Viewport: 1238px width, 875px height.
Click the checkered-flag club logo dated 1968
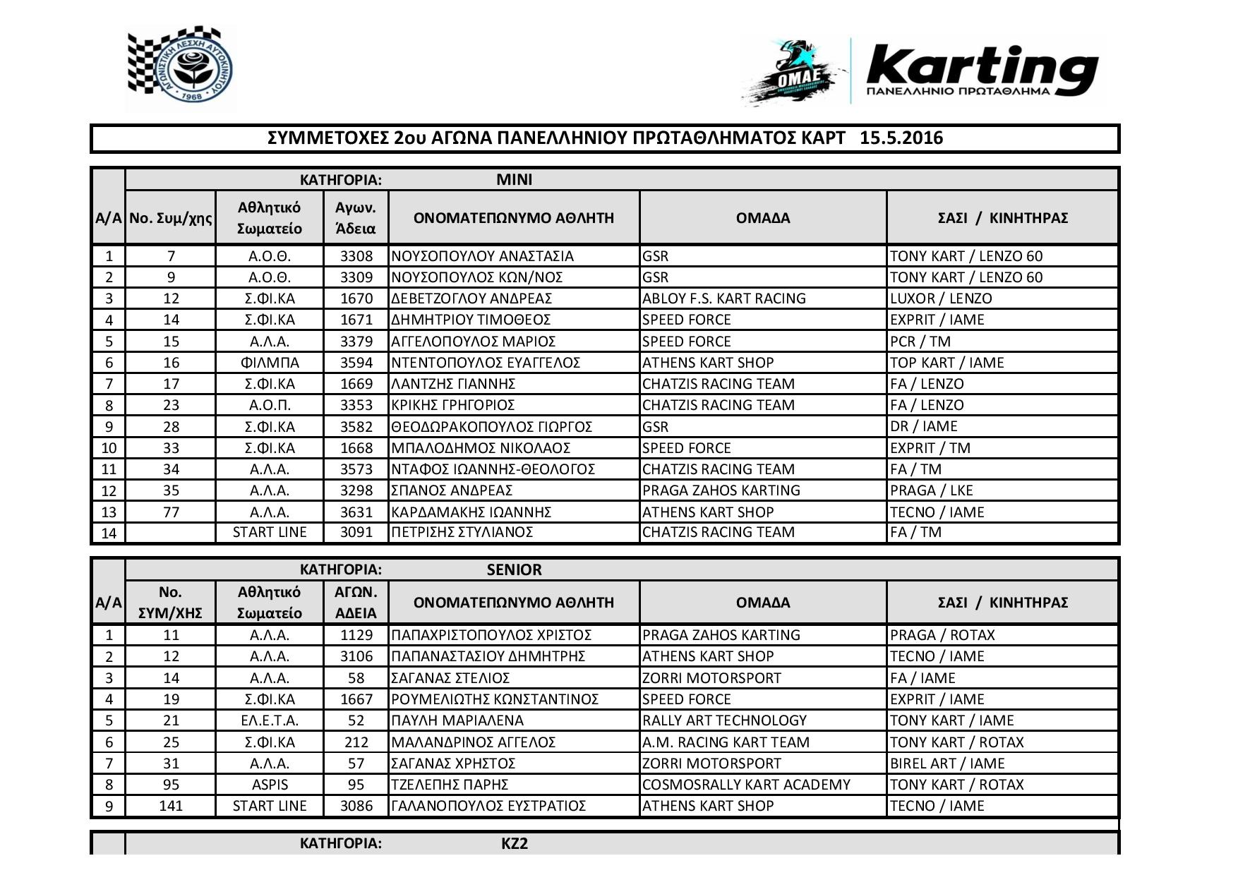[181, 69]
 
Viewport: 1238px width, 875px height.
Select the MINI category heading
[514, 179]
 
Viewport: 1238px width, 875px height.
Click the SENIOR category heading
[514, 569]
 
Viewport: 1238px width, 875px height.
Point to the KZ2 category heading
[514, 843]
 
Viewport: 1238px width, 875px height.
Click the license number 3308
[356, 256]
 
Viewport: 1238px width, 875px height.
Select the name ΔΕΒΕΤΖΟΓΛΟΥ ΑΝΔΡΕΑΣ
[471, 298]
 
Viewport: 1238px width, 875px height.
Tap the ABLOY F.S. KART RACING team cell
[723, 298]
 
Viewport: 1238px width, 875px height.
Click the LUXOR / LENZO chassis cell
[941, 298]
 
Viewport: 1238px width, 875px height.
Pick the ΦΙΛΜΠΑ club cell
[269, 363]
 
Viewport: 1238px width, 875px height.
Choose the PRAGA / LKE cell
[931, 490]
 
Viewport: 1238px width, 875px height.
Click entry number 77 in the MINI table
[170, 512]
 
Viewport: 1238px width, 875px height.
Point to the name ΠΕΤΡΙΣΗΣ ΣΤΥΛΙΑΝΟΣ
[462, 532]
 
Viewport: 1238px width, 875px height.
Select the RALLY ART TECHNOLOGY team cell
[724, 720]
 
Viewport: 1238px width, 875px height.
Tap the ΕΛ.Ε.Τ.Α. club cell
[269, 720]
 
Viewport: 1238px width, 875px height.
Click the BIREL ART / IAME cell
[947, 764]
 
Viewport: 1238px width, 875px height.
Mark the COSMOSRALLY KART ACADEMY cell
[746, 785]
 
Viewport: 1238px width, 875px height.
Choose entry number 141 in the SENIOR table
[171, 806]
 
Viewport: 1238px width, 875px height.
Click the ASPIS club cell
[269, 785]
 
